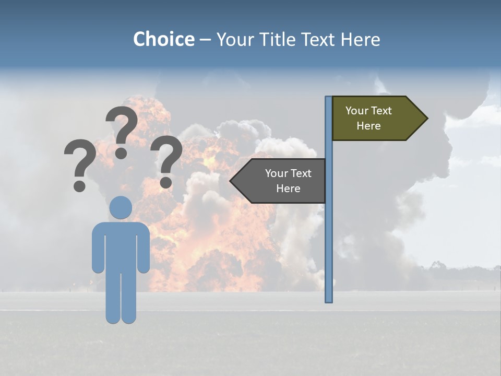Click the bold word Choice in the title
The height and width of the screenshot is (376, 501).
pyautogui.click(x=163, y=39)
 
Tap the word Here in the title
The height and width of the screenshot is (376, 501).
pyautogui.click(x=360, y=39)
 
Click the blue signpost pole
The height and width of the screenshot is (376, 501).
pyautogui.click(x=328, y=235)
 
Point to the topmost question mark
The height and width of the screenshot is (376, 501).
pyautogui.click(x=122, y=128)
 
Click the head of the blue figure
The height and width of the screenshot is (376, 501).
pyautogui.click(x=121, y=207)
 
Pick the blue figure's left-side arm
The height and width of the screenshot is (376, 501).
pyautogui.click(x=98, y=248)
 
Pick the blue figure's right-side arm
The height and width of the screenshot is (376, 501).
pyautogui.click(x=144, y=248)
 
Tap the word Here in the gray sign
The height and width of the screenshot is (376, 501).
pyautogui.click(x=288, y=189)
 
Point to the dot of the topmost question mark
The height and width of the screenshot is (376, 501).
pyautogui.click(x=121, y=153)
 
